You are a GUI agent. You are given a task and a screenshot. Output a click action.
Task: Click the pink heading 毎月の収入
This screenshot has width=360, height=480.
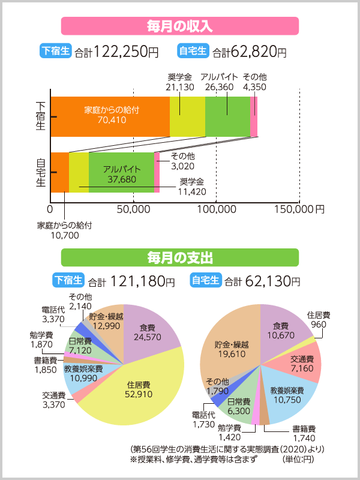click(180, 26)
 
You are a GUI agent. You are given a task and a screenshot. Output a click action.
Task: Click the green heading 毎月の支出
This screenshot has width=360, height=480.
click(180, 258)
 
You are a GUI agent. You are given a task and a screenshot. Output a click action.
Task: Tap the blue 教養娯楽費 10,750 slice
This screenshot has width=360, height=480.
click(285, 396)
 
